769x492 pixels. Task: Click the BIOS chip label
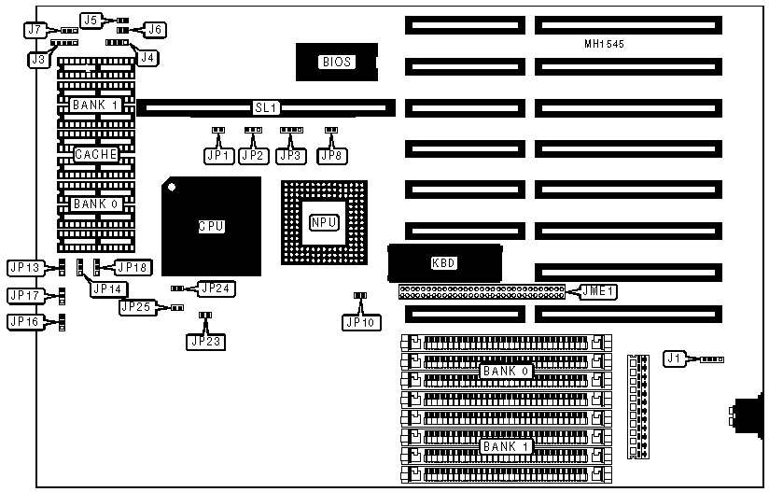[x=336, y=62]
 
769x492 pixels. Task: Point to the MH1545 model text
[x=604, y=45]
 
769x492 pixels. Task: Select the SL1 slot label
[x=266, y=108]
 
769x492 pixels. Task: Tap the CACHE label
[x=96, y=154]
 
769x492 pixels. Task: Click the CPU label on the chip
[x=212, y=226]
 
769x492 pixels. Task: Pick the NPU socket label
[x=323, y=222]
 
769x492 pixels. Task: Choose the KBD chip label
[x=443, y=263]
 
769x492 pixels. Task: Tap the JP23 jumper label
[x=205, y=341]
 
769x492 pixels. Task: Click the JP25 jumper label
[x=136, y=306]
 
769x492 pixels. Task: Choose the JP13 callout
[x=25, y=268]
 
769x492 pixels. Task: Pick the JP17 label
[x=25, y=295]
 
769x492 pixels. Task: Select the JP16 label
[x=25, y=322]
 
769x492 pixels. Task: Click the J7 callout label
[x=35, y=29]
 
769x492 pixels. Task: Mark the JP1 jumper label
[x=218, y=156]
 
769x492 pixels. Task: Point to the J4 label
[x=147, y=58]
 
